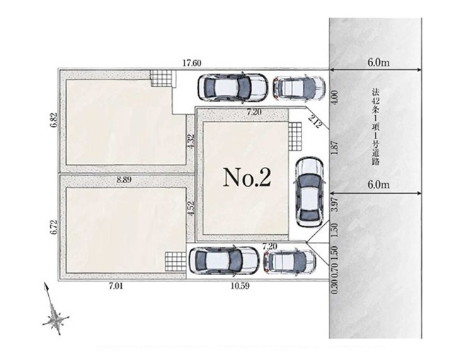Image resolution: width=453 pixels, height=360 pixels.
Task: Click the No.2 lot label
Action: pyautogui.click(x=247, y=178)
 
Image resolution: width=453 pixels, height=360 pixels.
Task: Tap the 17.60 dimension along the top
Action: pyautogui.click(x=192, y=63)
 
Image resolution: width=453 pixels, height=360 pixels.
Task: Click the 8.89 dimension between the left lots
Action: pyautogui.click(x=124, y=180)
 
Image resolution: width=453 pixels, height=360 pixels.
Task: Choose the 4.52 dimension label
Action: pyautogui.click(x=190, y=209)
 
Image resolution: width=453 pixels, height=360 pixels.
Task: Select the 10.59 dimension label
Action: pyautogui.click(x=240, y=286)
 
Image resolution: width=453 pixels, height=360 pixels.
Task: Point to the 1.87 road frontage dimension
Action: pyautogui.click(x=335, y=149)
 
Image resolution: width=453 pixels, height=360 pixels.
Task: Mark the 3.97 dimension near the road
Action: pyautogui.click(x=335, y=204)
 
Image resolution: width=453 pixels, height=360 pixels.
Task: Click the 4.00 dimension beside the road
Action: pyautogui.click(x=335, y=98)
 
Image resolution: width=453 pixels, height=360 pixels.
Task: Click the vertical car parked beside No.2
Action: pyautogui.click(x=309, y=192)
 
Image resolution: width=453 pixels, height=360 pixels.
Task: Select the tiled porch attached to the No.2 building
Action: pyautogui.click(x=294, y=137)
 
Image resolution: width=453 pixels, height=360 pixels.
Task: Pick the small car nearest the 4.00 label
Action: pyautogui.click(x=299, y=88)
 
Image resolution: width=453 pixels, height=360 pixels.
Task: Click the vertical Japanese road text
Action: pyautogui.click(x=376, y=127)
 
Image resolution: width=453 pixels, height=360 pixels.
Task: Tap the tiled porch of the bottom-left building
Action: pyautogui.click(x=176, y=262)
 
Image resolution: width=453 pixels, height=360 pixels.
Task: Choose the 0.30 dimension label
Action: pyautogui.click(x=335, y=287)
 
